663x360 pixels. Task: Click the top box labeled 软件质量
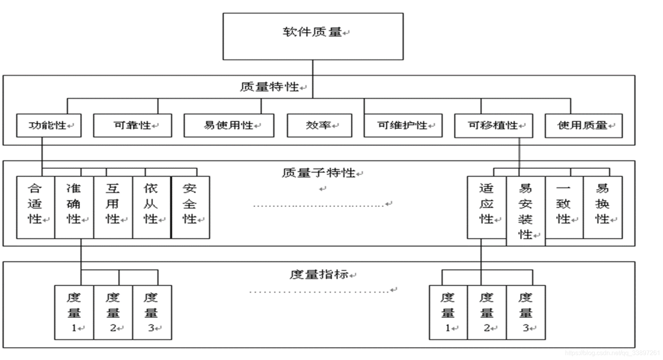(x=313, y=36)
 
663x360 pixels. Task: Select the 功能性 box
(x=49, y=126)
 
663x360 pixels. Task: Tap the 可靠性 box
(x=132, y=126)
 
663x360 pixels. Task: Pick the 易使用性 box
(x=229, y=126)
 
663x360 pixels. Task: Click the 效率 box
(x=319, y=126)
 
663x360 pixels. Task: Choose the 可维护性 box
(x=403, y=126)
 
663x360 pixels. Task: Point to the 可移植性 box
(x=493, y=126)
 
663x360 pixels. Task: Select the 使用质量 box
(x=583, y=126)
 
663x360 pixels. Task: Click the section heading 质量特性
(x=269, y=87)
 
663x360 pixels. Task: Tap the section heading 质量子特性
(x=318, y=172)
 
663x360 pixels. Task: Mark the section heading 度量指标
(x=318, y=274)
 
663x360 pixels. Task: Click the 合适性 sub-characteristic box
(x=36, y=207)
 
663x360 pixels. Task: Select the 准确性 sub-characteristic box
(x=74, y=207)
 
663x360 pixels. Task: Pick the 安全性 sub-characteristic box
(x=190, y=207)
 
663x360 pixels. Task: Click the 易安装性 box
(x=525, y=211)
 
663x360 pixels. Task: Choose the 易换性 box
(x=603, y=207)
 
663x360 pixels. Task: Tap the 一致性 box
(x=564, y=207)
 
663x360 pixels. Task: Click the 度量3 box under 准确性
(x=152, y=312)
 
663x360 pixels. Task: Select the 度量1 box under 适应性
(x=448, y=312)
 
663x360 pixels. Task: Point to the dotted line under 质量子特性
(x=318, y=206)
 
